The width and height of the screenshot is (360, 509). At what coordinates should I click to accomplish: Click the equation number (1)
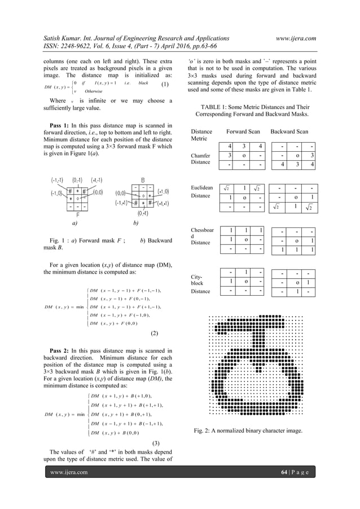(165, 85)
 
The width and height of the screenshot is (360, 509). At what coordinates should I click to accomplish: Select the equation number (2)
(159, 333)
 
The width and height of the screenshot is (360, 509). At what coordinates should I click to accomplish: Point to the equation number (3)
(159, 442)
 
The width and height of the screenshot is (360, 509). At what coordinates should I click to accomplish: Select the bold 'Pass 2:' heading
(59, 351)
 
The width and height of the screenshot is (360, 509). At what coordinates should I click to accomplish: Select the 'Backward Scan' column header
(289, 131)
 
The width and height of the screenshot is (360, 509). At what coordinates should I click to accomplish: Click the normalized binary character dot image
(256, 362)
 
